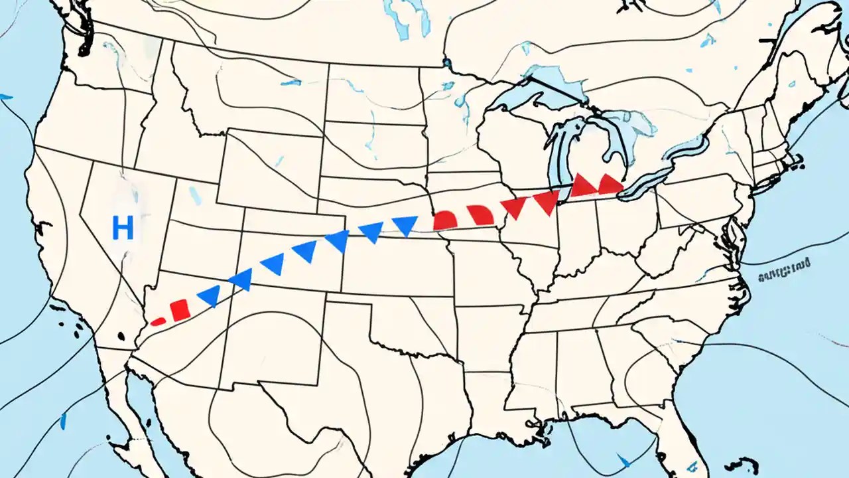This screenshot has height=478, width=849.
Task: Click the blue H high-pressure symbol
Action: point(123,228)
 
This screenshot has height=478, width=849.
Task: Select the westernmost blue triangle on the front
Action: point(210,295)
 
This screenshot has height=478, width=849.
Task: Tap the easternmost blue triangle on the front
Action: point(405,226)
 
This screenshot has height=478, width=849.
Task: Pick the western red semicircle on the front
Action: point(444,220)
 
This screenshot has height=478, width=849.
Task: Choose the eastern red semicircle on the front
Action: point(480,214)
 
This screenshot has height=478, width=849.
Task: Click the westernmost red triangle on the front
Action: point(513,208)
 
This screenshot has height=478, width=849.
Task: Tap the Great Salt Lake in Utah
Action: point(194,195)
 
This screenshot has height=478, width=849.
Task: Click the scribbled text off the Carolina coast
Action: point(784,268)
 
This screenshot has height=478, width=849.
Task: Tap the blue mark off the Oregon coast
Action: point(5,97)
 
